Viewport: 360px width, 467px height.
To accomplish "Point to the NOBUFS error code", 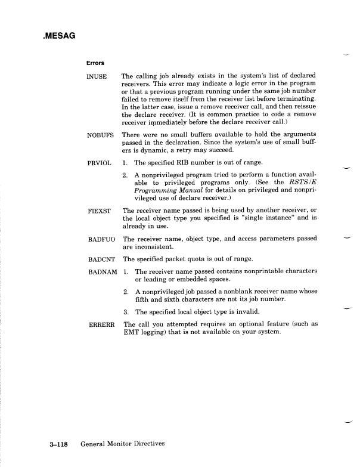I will tap(100, 135).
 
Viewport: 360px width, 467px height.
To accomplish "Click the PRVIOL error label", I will tap(99, 162).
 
